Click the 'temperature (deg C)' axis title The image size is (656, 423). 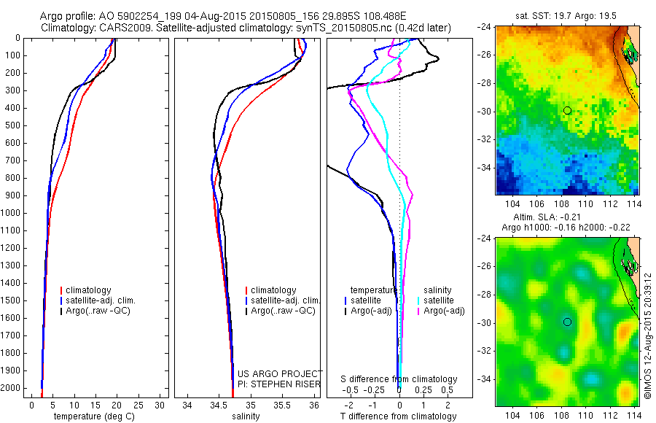click(94, 416)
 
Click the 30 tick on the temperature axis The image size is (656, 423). click(160, 405)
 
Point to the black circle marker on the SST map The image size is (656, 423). click(567, 110)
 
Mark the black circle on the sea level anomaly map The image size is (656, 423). click(567, 322)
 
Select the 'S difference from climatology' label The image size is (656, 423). click(399, 379)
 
